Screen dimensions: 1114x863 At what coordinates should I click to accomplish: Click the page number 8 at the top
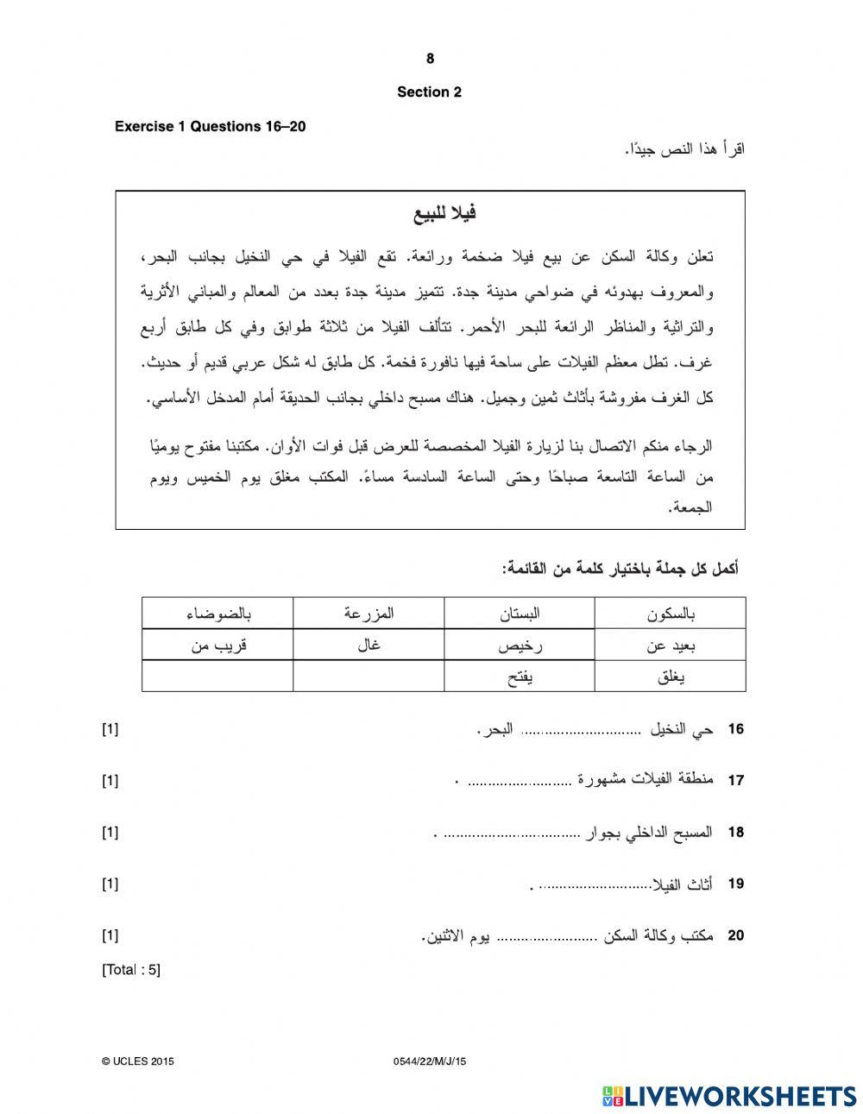[430, 59]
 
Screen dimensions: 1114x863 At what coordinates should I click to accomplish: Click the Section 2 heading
[429, 92]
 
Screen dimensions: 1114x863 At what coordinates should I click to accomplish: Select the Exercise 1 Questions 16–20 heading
[211, 127]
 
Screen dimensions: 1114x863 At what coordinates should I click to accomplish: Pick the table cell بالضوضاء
[217, 614]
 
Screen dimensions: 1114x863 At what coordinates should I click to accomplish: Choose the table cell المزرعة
[369, 614]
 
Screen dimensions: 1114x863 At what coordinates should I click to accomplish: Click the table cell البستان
[520, 614]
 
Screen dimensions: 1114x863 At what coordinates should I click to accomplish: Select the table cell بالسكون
[671, 614]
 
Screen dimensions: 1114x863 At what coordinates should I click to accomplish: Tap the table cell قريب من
[217, 645]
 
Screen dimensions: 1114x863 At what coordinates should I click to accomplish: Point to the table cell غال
[369, 645]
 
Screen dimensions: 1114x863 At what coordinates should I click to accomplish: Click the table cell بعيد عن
[671, 645]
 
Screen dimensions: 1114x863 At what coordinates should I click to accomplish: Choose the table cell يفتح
[520, 677]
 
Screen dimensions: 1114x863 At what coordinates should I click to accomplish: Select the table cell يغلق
[671, 677]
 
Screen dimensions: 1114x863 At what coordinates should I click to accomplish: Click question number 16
[735, 729]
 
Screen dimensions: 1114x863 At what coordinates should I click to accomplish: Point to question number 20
[735, 935]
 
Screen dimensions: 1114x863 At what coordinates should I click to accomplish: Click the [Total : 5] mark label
[131, 970]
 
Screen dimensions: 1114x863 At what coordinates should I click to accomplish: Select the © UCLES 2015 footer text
[138, 1062]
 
